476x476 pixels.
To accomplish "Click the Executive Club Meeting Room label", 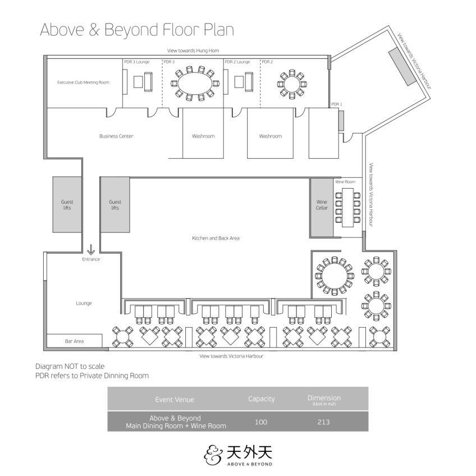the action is click(83, 83).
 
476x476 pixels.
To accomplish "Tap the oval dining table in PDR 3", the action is click(195, 84).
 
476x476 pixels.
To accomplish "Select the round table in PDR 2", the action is click(292, 84).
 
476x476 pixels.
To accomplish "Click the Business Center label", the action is click(116, 136).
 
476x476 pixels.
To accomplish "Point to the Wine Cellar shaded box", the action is click(322, 207).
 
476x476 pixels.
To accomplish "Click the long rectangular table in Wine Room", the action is click(347, 207).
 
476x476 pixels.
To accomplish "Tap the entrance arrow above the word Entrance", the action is click(91, 250).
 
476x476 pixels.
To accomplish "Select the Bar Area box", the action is click(74, 341).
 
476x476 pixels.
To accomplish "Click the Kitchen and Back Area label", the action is click(216, 239).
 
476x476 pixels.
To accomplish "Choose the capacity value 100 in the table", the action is click(261, 422).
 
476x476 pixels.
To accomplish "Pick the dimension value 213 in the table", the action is click(324, 422).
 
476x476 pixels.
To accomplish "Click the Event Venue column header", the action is click(175, 400).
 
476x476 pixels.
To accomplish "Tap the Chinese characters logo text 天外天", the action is click(249, 452).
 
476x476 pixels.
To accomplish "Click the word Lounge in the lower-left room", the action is click(84, 303).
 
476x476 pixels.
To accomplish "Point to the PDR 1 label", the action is click(337, 104).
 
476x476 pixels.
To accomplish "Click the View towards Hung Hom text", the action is click(193, 51).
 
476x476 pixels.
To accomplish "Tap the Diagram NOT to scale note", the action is click(70, 366).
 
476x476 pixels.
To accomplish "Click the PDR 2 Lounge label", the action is click(237, 62).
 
